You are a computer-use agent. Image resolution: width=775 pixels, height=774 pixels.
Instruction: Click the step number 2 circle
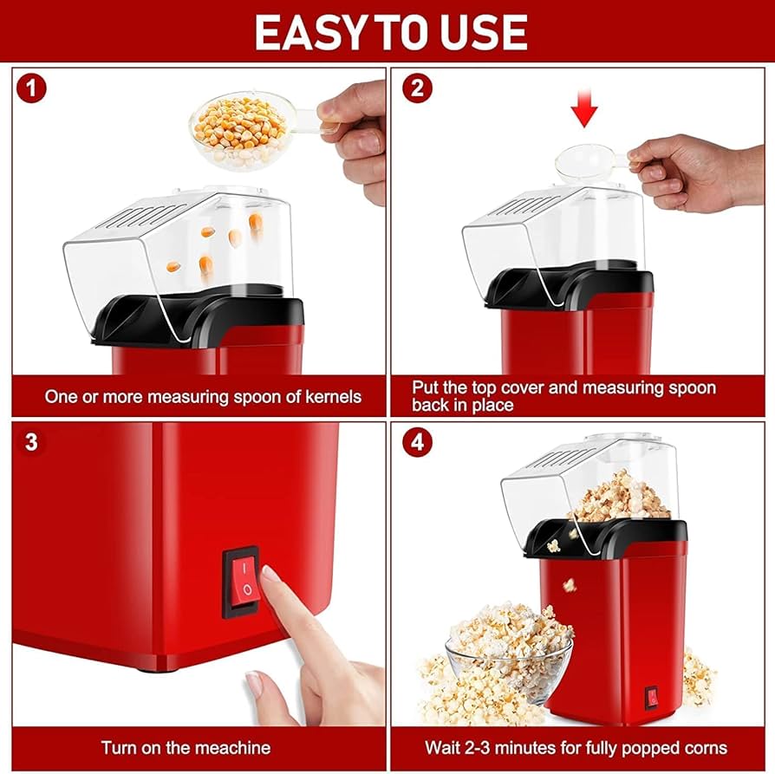(x=419, y=88)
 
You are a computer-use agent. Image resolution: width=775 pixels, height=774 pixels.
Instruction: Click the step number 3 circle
(x=31, y=443)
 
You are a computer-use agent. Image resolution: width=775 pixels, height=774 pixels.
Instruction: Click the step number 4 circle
(x=419, y=443)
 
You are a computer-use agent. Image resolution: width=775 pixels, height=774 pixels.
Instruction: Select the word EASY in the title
(x=304, y=33)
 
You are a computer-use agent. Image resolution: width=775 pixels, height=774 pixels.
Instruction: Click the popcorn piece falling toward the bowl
(x=570, y=585)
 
